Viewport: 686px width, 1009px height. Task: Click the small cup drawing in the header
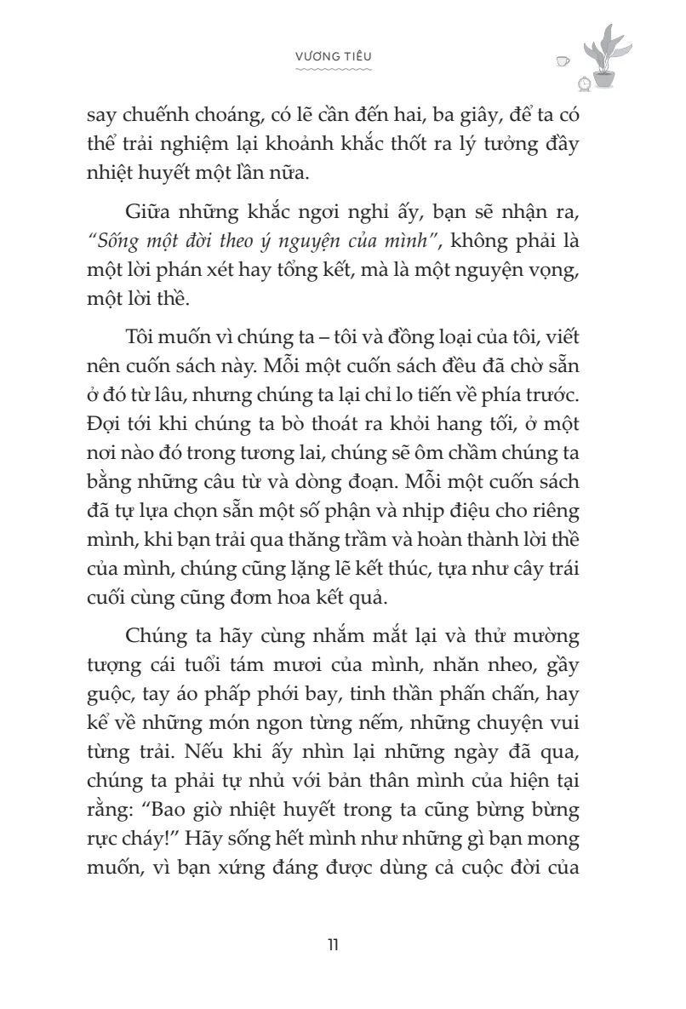click(x=562, y=60)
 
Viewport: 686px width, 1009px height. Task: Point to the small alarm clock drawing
click(x=585, y=83)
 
